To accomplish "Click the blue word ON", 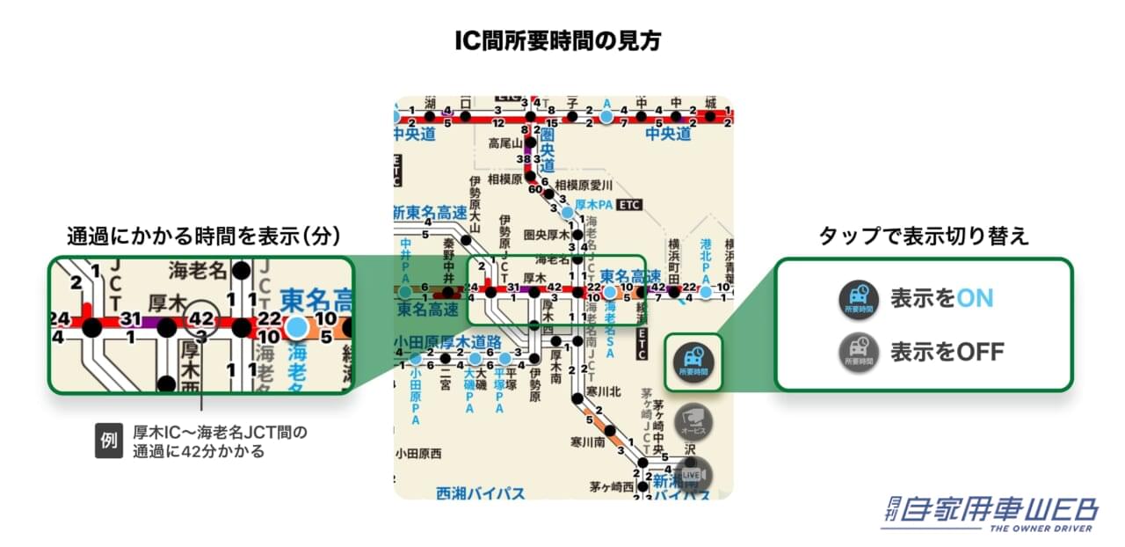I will click(975, 298).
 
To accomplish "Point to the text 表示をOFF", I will click(947, 353).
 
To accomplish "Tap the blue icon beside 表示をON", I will click(859, 299).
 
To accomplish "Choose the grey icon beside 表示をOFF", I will click(859, 353).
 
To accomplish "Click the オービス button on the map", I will click(693, 421).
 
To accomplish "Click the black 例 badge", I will click(108, 441).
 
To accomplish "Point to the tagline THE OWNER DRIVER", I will click(1041, 528).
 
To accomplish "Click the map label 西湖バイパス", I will click(480, 493).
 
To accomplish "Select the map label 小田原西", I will click(417, 454).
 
